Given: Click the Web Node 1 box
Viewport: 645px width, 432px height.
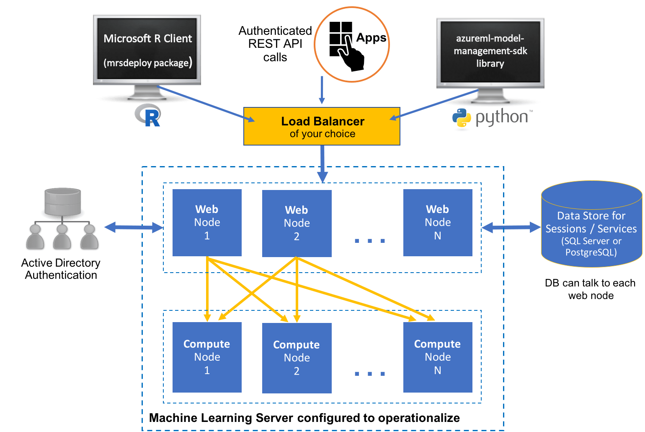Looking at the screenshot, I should tap(207, 223).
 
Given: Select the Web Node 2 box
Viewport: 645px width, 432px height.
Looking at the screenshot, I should tap(297, 224).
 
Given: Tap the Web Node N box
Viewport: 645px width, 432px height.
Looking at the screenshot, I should tap(438, 223).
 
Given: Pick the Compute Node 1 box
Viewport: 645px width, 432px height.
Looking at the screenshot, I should tap(207, 357).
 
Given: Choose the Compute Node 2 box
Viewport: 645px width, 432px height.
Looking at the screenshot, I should tap(297, 358).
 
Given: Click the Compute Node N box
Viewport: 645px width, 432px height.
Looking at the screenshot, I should tap(438, 357).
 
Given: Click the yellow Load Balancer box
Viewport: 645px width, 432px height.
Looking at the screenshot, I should tap(322, 126).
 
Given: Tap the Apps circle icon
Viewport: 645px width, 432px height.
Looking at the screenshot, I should tap(352, 44).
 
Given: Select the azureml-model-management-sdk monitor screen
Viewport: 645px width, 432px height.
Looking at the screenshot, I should tap(490, 51).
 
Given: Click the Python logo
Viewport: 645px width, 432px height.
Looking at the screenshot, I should tap(490, 119).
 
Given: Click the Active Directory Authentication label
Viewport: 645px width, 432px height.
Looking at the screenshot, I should tap(61, 269).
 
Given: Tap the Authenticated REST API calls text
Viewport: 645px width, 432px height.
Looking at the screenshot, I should tap(275, 44).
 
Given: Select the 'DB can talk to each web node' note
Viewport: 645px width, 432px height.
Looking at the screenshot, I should tap(590, 289).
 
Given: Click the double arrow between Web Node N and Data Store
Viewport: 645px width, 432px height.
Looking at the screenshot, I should tap(511, 227).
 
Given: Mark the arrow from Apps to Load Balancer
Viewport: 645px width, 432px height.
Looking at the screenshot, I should tap(322, 90).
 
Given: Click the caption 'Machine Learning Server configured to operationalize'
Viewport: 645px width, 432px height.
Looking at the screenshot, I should tap(304, 418).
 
